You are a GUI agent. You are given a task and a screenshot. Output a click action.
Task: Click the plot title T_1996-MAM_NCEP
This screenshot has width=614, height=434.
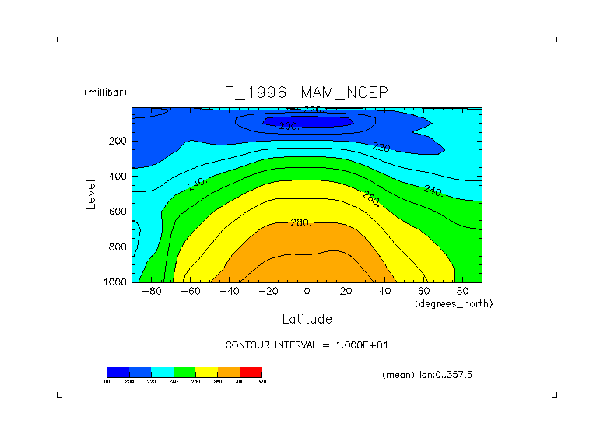(x=307, y=93)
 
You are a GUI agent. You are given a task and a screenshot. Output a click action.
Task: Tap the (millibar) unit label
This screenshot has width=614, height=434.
(x=105, y=93)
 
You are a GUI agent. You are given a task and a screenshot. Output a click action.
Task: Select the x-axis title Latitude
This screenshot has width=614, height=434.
(x=307, y=319)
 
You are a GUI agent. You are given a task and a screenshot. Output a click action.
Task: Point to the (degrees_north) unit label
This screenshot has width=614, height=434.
(x=454, y=303)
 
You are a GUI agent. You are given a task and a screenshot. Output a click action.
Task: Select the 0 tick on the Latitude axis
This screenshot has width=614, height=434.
(x=307, y=292)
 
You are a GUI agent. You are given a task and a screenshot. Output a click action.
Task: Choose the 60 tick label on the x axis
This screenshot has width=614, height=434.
(x=423, y=292)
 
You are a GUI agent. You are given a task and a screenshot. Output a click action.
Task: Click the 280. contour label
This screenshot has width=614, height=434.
(x=300, y=222)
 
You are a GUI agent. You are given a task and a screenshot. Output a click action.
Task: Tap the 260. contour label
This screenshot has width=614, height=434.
(x=370, y=198)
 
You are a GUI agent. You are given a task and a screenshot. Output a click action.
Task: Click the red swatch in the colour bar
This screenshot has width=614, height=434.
(x=251, y=372)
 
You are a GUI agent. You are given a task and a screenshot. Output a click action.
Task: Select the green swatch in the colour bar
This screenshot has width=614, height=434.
(x=184, y=372)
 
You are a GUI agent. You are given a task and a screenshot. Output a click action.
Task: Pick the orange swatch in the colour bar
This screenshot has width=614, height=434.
(x=229, y=372)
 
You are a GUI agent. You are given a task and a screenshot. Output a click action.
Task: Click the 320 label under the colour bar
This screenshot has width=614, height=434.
(x=261, y=381)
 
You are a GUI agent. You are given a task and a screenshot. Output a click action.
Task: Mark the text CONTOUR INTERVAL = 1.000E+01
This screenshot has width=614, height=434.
(x=312, y=345)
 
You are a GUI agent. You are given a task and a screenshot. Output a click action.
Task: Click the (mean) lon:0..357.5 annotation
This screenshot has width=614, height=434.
(x=427, y=375)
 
